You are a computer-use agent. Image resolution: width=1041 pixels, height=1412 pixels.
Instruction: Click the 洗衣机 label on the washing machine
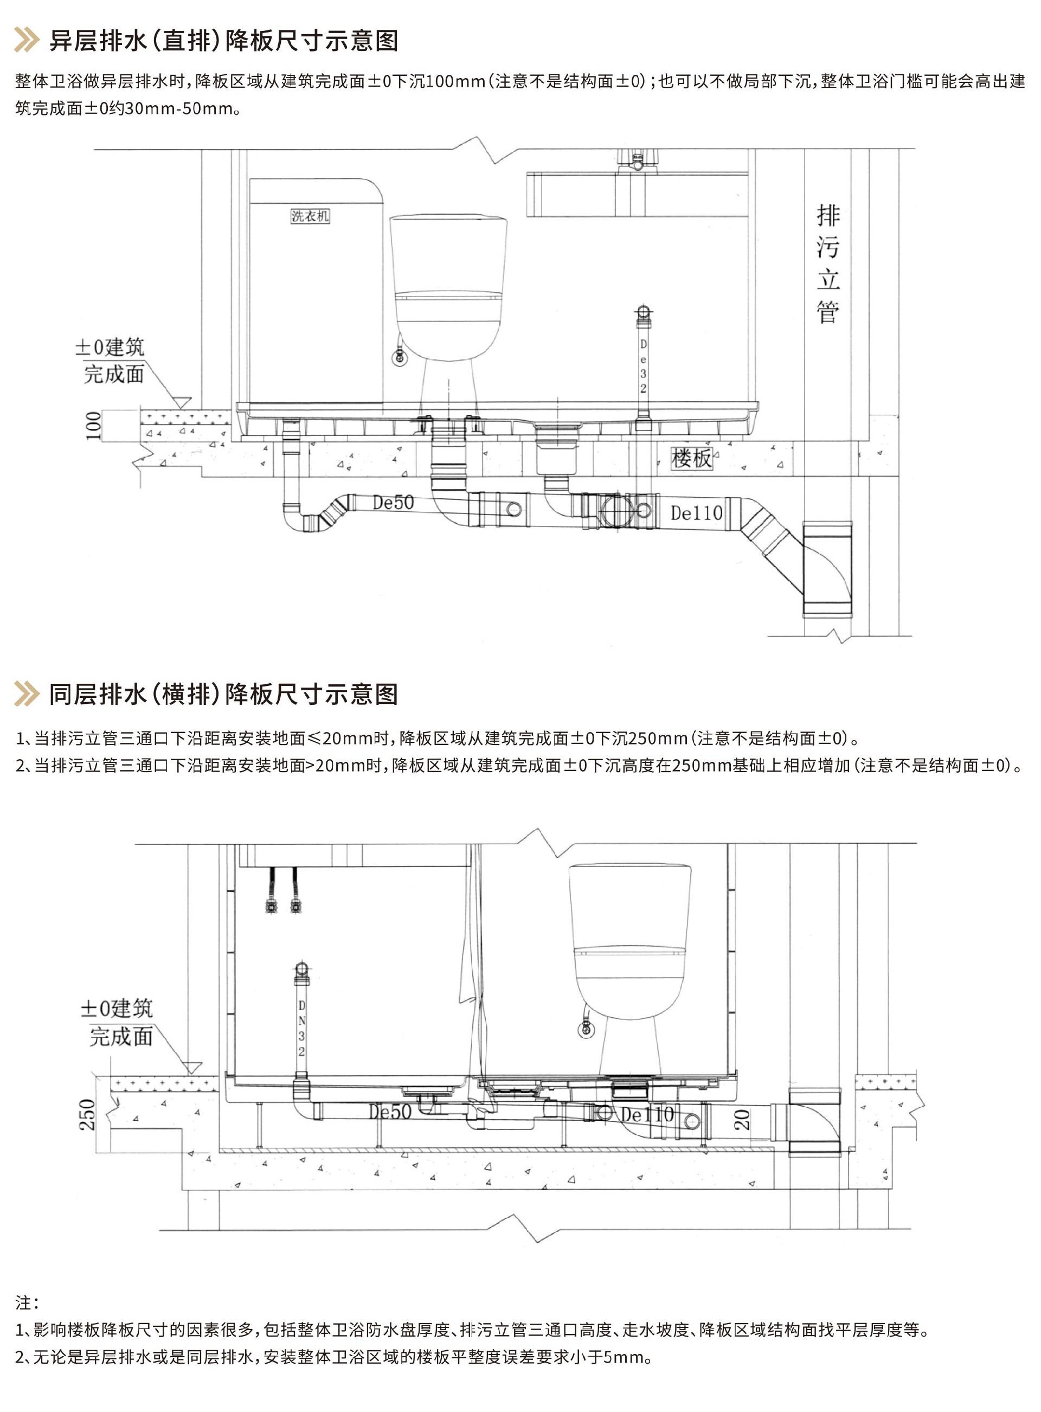coord(310,216)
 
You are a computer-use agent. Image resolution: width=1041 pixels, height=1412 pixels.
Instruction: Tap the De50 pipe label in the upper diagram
coord(393,502)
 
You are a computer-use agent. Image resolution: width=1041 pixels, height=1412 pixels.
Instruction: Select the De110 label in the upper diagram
coord(696,513)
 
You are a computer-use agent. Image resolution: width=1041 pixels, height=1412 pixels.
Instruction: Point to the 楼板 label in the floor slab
coord(691,458)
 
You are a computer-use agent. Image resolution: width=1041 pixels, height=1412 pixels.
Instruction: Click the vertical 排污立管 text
coord(827,264)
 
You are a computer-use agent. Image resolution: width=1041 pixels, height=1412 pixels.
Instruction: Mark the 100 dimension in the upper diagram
coord(93,426)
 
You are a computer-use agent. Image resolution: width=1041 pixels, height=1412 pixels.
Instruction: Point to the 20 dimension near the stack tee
coord(742,1119)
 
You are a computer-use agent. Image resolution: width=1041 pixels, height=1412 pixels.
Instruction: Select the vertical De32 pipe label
coord(642,366)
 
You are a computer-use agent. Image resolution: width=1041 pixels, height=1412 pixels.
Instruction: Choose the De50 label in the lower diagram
coord(390,1112)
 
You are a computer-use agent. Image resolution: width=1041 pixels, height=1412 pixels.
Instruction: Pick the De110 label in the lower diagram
coord(647,1114)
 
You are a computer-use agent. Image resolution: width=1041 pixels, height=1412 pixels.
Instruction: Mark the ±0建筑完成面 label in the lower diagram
coord(117,1022)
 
